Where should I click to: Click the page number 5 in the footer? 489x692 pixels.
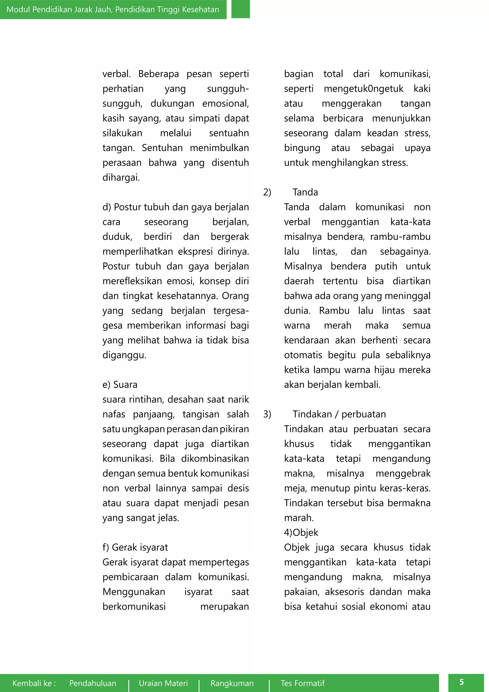[x=462, y=682]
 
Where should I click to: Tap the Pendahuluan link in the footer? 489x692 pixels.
[x=93, y=683]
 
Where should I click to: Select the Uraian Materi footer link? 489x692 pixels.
[x=163, y=683]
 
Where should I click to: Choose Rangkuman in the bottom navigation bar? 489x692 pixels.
[x=232, y=683]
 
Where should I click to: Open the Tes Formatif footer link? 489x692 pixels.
[x=303, y=683]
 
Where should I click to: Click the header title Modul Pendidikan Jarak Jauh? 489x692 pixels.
[x=113, y=9]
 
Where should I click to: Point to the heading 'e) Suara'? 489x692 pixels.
[x=120, y=384]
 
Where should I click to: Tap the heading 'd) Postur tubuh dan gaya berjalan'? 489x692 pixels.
[x=175, y=207]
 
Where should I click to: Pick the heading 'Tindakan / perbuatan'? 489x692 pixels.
[x=339, y=414]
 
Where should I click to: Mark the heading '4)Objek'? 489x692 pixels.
[x=301, y=533]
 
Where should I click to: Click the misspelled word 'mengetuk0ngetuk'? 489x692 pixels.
[x=363, y=89]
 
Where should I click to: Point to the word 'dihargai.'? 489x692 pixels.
[x=121, y=178]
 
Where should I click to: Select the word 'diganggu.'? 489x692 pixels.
[x=124, y=355]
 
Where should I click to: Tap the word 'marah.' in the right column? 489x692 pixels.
[x=299, y=518]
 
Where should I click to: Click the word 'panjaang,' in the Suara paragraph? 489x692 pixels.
[x=154, y=414]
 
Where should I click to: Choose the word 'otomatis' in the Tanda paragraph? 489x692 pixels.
[x=303, y=355]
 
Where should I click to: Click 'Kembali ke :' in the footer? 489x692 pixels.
[x=34, y=683]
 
